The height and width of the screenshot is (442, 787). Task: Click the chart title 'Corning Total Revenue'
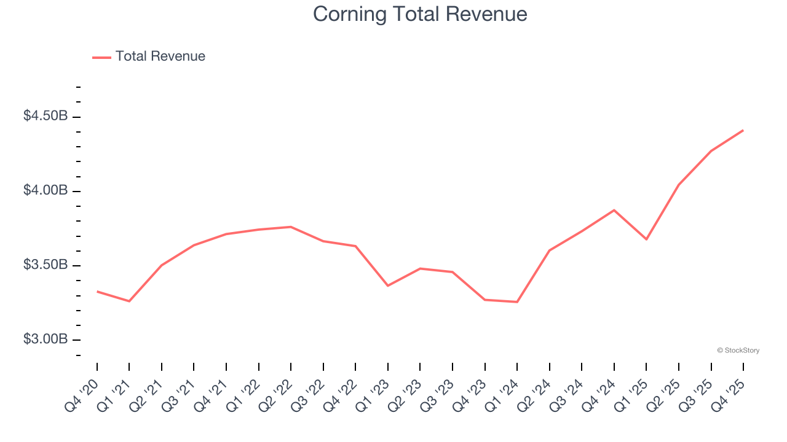420,14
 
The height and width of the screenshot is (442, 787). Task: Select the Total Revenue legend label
160,56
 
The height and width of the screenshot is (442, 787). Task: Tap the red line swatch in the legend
101,57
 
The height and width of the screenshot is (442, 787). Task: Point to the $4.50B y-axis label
45,116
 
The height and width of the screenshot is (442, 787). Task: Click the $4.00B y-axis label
45,190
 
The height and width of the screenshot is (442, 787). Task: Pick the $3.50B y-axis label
45,265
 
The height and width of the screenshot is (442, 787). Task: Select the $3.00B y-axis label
45,339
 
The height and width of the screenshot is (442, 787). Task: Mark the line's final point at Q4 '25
743,130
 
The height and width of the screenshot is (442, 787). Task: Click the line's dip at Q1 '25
646,239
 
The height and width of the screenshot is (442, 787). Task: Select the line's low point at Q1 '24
517,302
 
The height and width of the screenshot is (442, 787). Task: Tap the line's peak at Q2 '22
291,227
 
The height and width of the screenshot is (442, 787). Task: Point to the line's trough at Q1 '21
129,301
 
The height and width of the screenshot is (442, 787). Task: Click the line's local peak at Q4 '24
614,210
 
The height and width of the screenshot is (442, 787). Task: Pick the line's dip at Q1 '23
388,286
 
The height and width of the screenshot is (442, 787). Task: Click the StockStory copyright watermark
738,351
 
